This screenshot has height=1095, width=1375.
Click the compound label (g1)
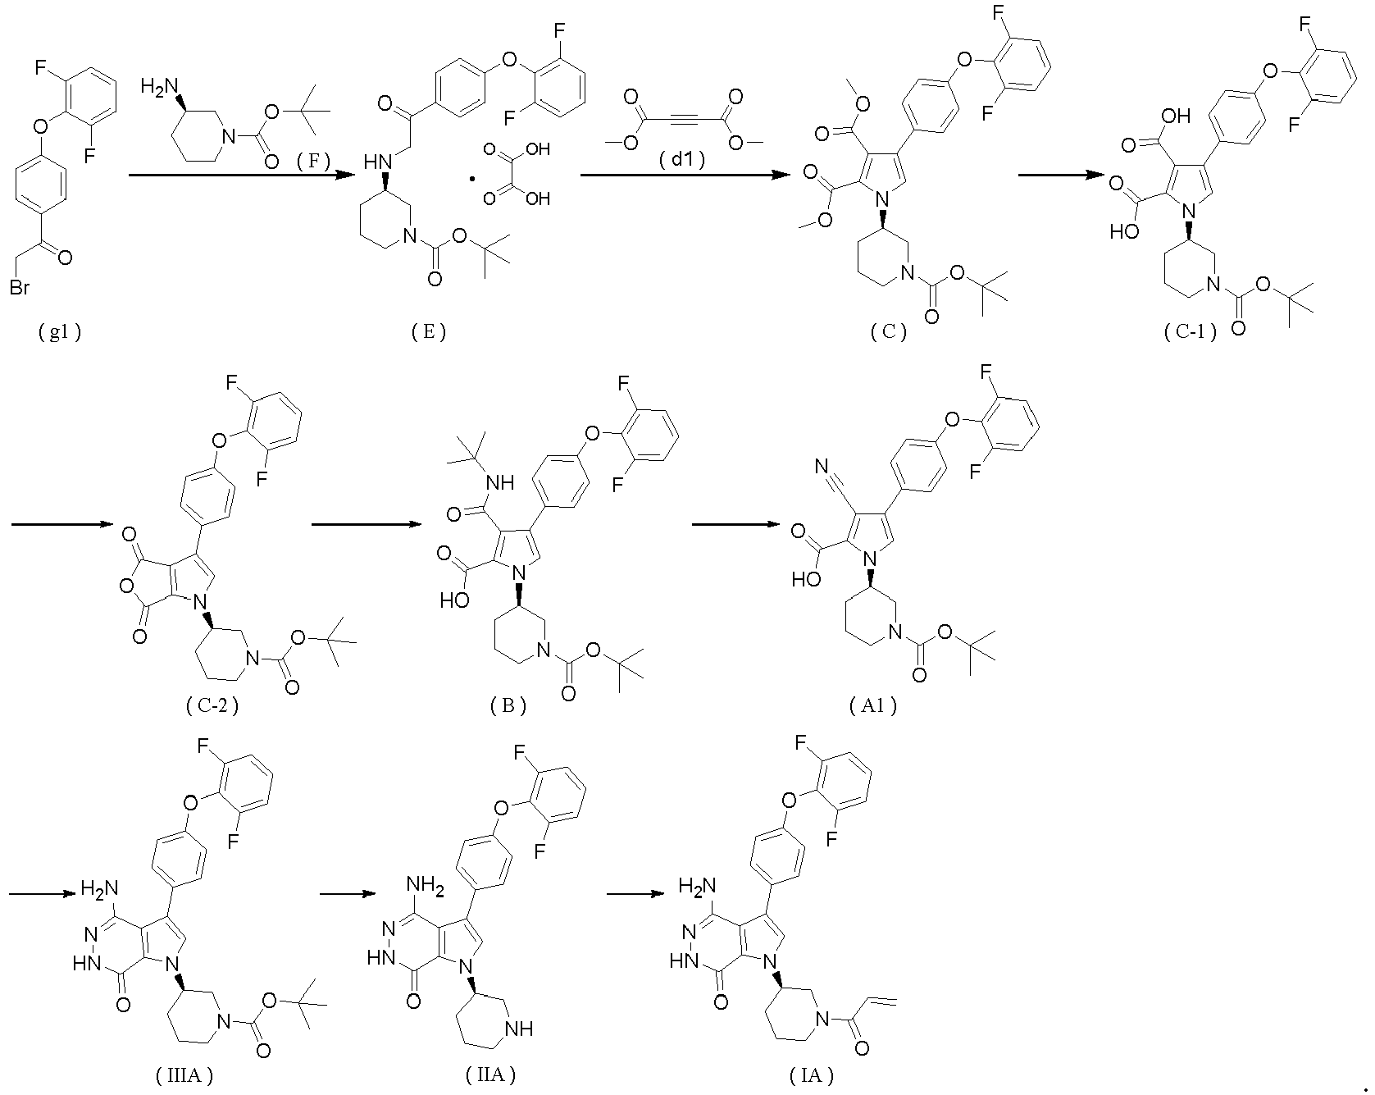(60, 332)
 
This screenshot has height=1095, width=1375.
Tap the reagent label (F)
(313, 162)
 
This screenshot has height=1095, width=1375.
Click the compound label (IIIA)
(184, 1075)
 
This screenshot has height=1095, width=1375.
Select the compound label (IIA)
(490, 1075)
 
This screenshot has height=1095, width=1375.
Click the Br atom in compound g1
(20, 289)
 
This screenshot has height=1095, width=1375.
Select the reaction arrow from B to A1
(753, 523)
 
